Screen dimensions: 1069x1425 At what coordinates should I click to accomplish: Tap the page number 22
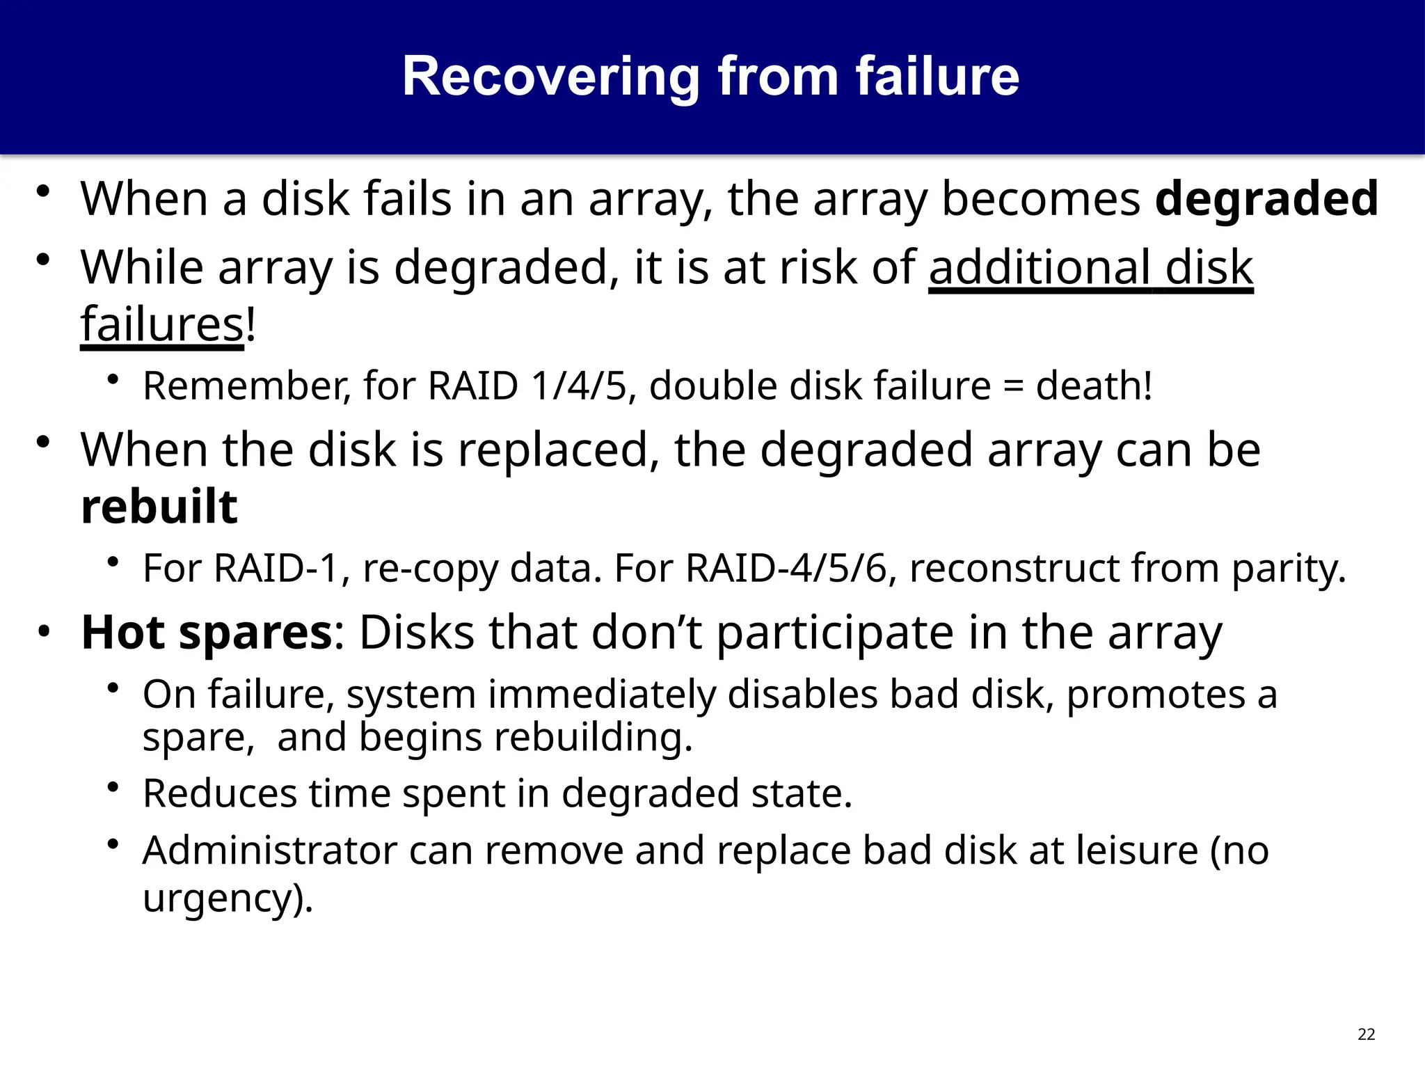point(1366,1034)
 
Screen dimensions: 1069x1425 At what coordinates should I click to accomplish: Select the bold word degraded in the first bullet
point(1266,200)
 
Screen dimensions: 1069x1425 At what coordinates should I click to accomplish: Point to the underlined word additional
point(1040,267)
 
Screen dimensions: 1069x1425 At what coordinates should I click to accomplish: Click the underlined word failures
point(161,324)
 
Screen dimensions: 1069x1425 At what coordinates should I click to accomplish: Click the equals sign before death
point(1013,387)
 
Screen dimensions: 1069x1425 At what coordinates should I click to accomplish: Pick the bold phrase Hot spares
point(207,633)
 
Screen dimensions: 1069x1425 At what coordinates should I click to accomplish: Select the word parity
point(1289,569)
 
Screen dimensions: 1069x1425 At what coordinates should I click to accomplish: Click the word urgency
point(223,898)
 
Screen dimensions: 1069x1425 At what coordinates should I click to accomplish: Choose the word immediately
point(602,695)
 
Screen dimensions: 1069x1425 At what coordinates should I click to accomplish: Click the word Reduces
point(220,793)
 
